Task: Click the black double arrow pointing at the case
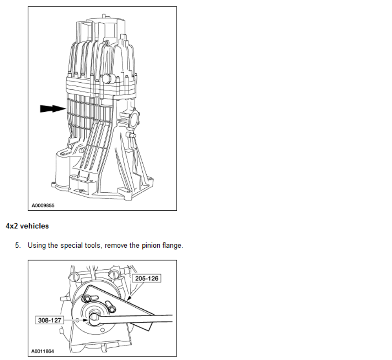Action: click(52, 108)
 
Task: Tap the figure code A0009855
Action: click(43, 206)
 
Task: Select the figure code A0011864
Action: click(43, 351)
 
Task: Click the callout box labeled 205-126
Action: click(146, 278)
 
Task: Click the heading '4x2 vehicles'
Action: click(27, 226)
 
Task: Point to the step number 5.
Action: click(18, 245)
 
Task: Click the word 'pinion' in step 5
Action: click(140, 245)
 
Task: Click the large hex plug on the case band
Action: click(108, 79)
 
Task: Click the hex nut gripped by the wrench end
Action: click(94, 318)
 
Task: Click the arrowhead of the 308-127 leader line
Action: click(81, 320)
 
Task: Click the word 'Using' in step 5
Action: click(37, 245)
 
